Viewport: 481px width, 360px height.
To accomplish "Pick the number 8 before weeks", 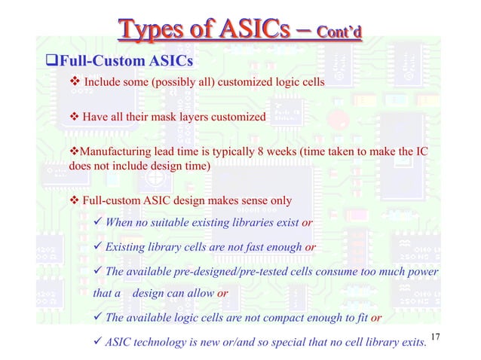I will pos(323,152).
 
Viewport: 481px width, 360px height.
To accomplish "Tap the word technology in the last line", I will pos(161,343).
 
